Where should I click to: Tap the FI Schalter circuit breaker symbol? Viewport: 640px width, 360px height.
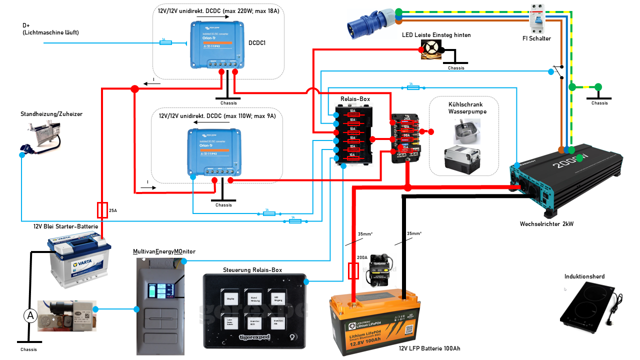[x=537, y=18]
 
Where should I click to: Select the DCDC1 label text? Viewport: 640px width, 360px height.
[x=257, y=43]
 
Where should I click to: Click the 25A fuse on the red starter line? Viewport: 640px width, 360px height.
[x=102, y=210]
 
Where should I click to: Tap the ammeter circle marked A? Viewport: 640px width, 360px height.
[x=30, y=315]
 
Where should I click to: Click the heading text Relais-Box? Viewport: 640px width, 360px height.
[x=355, y=99]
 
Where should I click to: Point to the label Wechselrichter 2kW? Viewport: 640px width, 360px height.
[x=546, y=224]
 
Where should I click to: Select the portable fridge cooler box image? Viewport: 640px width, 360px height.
[x=462, y=159]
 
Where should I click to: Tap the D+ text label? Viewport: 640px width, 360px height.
[x=26, y=25]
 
